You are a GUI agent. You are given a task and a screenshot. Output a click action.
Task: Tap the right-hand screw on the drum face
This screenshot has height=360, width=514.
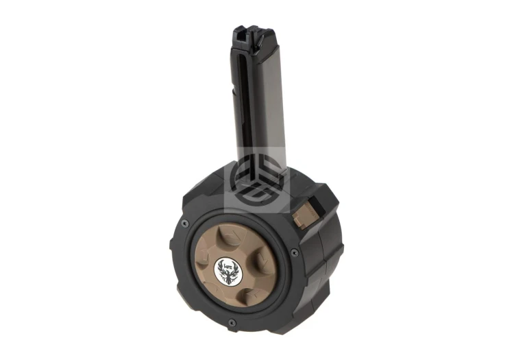pos(295,252)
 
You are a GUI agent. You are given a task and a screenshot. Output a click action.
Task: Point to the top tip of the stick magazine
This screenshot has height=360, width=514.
pos(243,29)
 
